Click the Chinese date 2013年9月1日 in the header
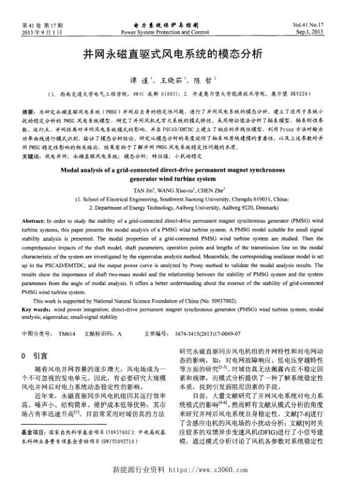(36, 31)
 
